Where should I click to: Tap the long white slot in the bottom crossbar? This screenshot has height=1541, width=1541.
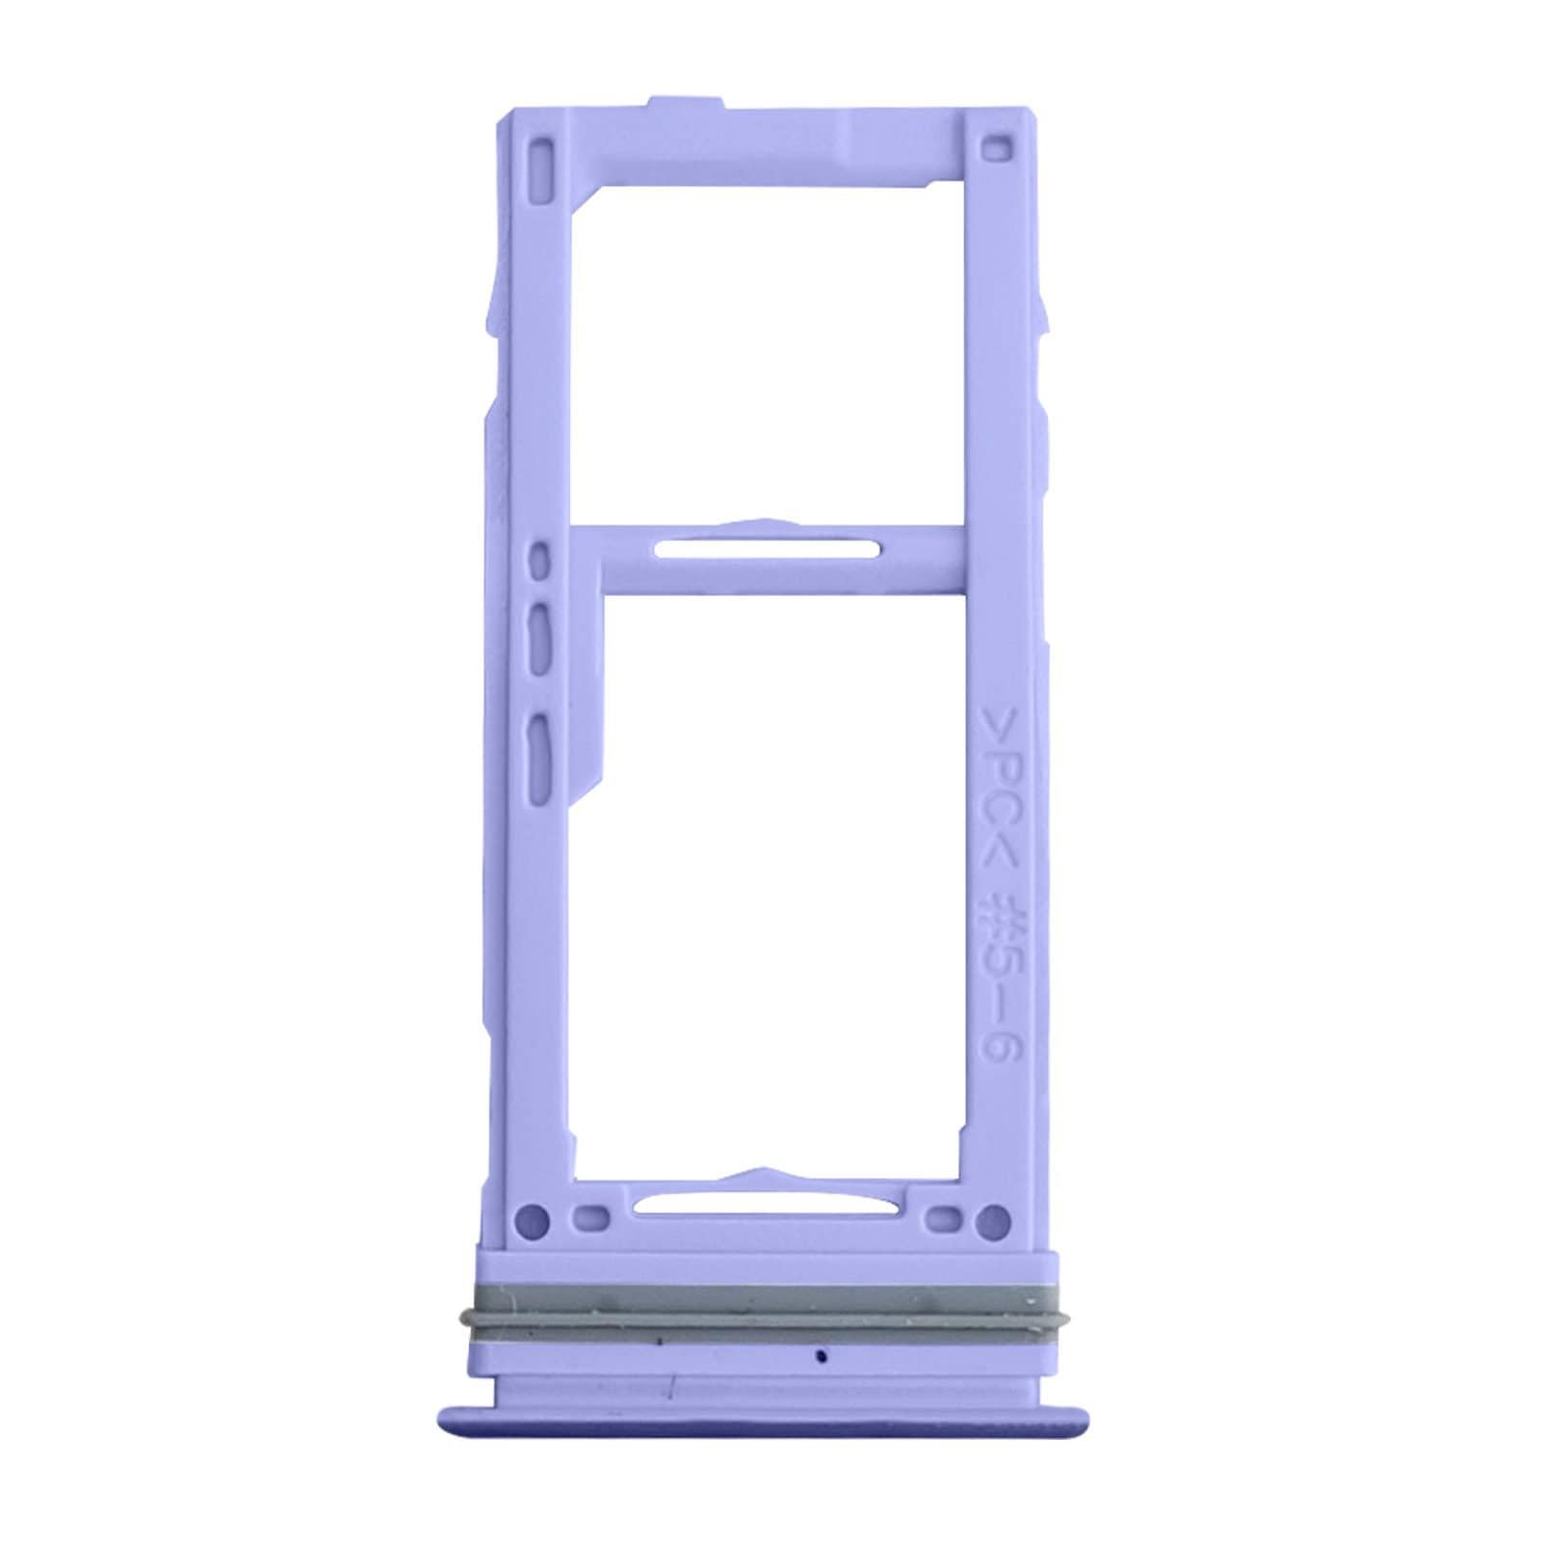(x=766, y=1205)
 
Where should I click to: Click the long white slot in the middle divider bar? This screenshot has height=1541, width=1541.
(x=766, y=550)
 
